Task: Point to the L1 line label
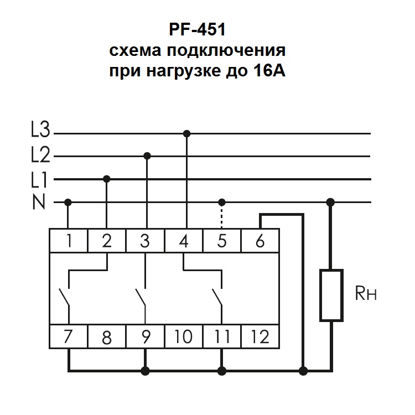40,179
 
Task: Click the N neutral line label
39,202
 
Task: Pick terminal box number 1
69,241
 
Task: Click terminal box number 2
107,241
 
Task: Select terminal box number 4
183,241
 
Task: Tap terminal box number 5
221,241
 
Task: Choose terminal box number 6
260,241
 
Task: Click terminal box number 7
69,336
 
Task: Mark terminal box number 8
107,336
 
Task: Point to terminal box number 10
183,336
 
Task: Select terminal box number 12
260,336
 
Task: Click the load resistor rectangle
331,295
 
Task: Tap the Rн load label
366,293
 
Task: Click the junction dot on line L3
186,133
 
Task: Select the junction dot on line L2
147,155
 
